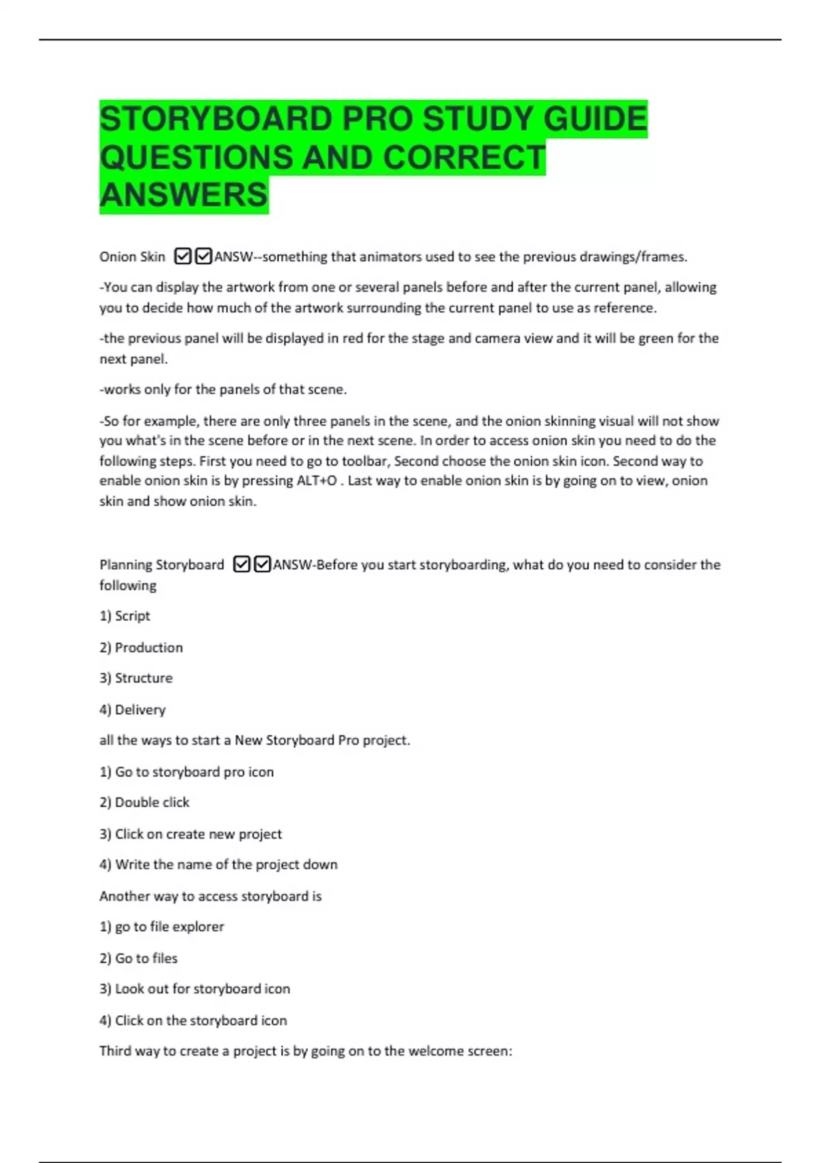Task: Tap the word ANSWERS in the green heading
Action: pos(183,195)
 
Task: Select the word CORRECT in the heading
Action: pos(464,157)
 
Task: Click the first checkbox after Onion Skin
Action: pos(183,257)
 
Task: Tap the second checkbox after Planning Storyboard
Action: pos(262,564)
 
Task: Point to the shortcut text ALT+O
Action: pos(317,480)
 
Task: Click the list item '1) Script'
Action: pos(125,616)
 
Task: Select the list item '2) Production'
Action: pos(141,647)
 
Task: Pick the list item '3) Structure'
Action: pos(136,678)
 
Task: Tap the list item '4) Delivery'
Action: pos(132,709)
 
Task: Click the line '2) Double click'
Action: pos(144,802)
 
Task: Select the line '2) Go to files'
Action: pos(138,958)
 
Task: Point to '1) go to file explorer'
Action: pos(161,926)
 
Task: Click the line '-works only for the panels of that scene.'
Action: pos(223,389)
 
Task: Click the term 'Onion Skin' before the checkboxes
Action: pos(132,257)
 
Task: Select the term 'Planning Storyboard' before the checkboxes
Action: pos(161,564)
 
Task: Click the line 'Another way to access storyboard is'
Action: pos(210,896)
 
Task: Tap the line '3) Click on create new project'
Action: pos(190,834)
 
